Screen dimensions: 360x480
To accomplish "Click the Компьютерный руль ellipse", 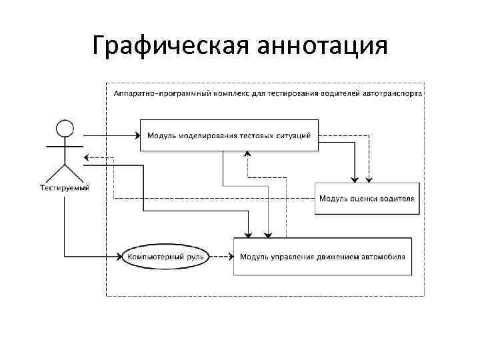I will [166, 256].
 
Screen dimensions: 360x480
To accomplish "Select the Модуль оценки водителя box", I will [367, 198].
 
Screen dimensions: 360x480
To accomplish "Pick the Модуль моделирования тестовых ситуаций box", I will [229, 135].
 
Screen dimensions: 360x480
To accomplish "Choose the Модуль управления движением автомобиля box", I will [322, 256].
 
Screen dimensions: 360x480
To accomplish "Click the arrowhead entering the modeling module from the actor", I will [135, 135].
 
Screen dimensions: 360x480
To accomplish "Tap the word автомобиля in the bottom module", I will [385, 256].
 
